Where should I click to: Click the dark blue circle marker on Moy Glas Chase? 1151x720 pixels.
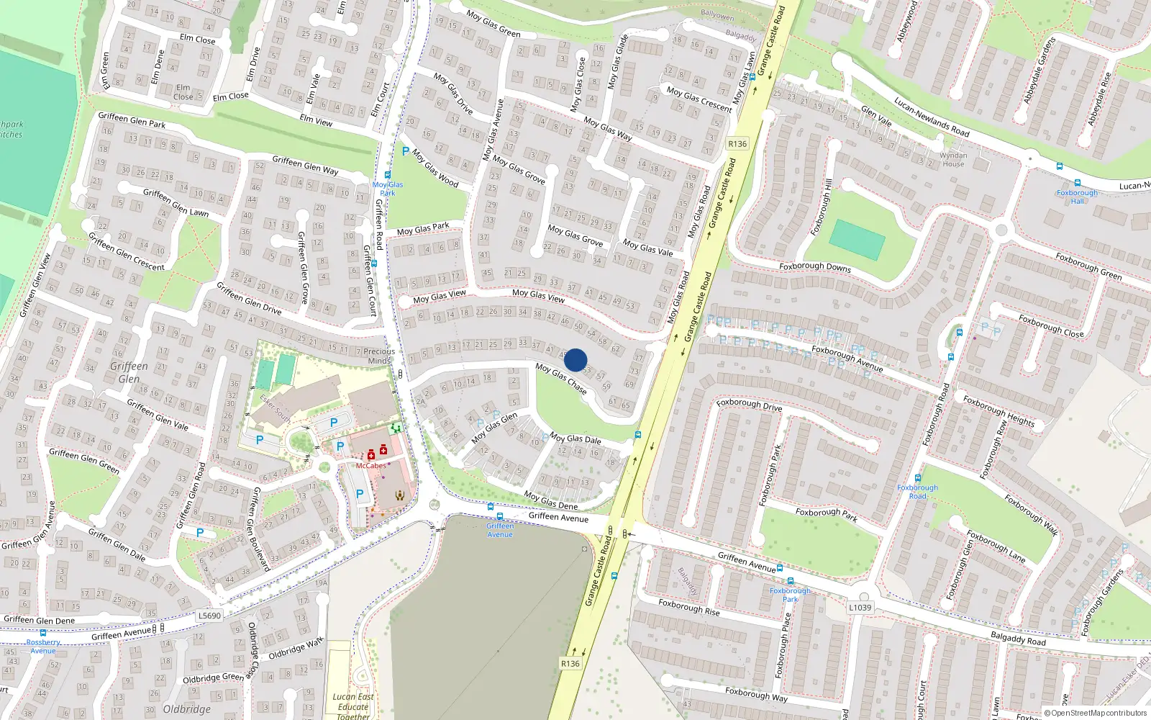575,360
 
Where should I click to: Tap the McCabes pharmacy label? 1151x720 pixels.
370,466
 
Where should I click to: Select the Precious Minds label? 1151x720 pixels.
378,356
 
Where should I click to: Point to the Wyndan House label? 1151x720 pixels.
953,159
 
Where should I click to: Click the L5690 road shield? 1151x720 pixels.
209,616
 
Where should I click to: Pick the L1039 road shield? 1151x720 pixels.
860,607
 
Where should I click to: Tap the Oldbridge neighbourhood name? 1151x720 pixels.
186,709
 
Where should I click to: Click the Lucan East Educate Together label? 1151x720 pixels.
353,706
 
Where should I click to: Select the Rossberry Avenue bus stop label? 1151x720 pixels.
43,646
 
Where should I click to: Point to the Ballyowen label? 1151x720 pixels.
717,16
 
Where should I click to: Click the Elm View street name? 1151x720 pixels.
316,120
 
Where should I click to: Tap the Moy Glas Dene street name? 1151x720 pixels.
550,500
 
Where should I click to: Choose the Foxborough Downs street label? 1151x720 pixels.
814,267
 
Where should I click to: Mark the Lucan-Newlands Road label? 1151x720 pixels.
932,117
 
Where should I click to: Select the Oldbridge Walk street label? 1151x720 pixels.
296,649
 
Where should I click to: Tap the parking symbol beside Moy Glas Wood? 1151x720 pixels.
406,151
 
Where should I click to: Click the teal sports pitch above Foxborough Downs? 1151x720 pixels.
856,240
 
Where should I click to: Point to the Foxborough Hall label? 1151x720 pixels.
1077,197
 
